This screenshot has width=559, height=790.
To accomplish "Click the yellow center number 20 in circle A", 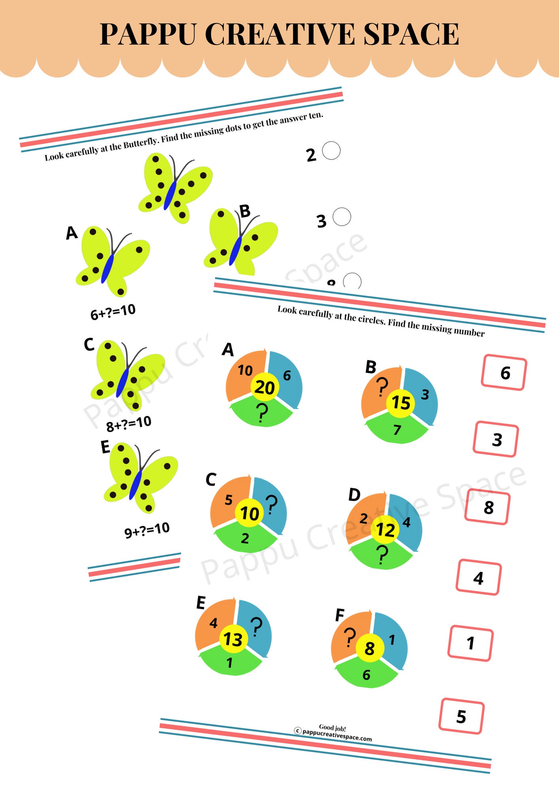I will (x=264, y=387).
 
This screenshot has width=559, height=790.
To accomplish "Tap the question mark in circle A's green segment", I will (x=261, y=413).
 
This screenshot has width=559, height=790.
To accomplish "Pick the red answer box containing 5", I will (x=461, y=716).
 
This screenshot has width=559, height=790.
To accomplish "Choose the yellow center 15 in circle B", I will (x=400, y=403).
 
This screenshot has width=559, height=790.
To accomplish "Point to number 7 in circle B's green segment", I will (x=397, y=430).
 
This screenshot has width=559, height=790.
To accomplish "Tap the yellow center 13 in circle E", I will (x=233, y=639).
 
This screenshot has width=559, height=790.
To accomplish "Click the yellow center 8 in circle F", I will (x=369, y=648).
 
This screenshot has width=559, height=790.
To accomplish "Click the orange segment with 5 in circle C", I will (x=228, y=500).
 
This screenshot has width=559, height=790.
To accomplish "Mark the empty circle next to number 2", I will (x=331, y=150).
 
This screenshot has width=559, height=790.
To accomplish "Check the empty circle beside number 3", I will (x=342, y=217).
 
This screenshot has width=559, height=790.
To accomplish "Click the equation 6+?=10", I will (x=113, y=312).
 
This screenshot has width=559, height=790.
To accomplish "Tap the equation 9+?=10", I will (x=147, y=530).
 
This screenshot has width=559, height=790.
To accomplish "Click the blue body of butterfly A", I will (x=107, y=269).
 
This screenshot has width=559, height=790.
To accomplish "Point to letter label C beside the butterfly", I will (x=89, y=344).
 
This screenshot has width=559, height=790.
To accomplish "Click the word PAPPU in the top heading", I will (x=148, y=34).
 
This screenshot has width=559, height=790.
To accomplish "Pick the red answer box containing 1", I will (x=470, y=643).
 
